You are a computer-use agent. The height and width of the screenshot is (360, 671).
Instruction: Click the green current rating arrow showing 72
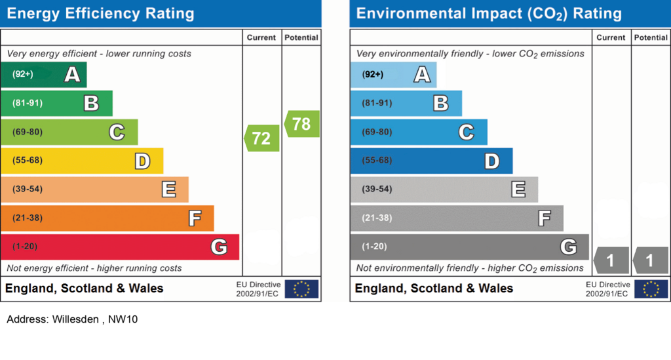click(x=262, y=138)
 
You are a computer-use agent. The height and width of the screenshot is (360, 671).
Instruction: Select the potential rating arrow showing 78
click(x=302, y=124)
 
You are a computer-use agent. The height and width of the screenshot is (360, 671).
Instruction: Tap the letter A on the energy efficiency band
click(x=72, y=75)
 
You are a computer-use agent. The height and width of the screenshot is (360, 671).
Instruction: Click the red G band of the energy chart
click(x=120, y=247)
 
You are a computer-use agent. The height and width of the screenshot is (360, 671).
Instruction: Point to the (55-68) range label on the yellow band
click(x=27, y=161)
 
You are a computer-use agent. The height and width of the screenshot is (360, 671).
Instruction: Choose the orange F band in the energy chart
click(x=107, y=218)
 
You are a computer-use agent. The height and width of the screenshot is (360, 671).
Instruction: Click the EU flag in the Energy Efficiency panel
click(x=301, y=289)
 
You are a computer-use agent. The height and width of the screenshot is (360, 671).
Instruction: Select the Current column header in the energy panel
click(x=261, y=37)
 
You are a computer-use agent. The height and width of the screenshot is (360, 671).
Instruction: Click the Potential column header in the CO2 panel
click(x=651, y=37)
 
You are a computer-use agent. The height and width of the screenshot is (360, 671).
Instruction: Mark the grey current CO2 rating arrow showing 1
click(x=611, y=260)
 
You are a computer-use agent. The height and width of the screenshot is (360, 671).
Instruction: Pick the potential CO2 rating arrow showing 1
click(x=650, y=260)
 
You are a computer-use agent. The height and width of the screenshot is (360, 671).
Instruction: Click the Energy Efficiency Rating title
click(x=100, y=13)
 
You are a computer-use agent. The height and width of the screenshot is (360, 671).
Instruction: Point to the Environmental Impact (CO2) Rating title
click(x=489, y=13)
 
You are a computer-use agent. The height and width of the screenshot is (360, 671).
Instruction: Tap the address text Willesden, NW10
click(x=72, y=319)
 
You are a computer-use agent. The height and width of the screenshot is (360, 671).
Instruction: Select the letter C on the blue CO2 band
click(x=466, y=132)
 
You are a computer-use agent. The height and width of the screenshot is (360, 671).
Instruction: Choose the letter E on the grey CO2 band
click(x=518, y=190)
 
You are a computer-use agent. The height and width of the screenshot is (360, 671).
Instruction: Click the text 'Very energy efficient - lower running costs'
click(x=99, y=53)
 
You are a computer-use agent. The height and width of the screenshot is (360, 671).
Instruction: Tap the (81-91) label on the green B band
click(x=27, y=103)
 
